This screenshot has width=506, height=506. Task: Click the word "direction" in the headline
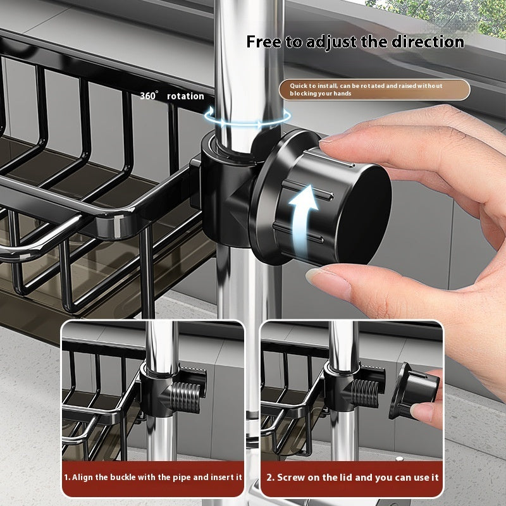tap(428, 42)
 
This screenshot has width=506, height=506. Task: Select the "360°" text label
tap(150, 96)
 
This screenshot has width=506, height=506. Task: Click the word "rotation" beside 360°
tap(185, 96)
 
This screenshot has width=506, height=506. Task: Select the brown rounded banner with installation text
tap(374, 89)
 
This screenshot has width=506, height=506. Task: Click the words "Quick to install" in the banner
tap(313, 85)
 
